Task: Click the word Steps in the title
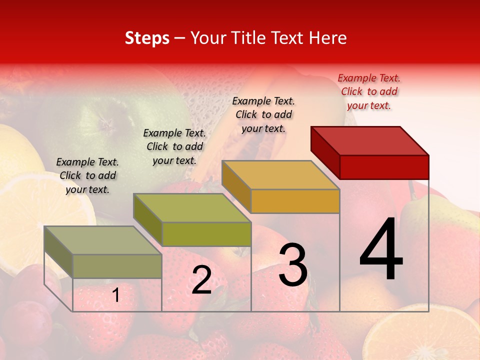(147, 38)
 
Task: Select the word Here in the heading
(328, 38)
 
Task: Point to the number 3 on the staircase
(293, 264)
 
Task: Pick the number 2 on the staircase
(201, 279)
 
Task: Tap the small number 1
(116, 295)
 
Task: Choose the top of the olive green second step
(192, 207)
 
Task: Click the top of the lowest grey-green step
(103, 240)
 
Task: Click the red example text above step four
(369, 91)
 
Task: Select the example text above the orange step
(263, 114)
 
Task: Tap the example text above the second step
(174, 146)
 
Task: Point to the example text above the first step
(87, 175)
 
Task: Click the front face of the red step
(384, 167)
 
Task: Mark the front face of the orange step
(295, 201)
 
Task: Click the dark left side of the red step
(325, 152)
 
